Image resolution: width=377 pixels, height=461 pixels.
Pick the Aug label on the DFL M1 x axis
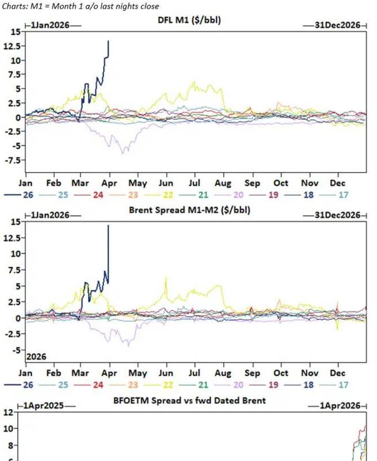pos(224,183)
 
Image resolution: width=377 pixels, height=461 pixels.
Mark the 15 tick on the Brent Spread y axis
pos(16,222)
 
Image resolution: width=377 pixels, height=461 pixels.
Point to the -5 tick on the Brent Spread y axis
pos(16,350)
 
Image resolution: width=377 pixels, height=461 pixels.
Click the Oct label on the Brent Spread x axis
pos(281,373)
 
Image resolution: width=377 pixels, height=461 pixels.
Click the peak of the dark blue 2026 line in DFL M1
pos(108,41)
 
